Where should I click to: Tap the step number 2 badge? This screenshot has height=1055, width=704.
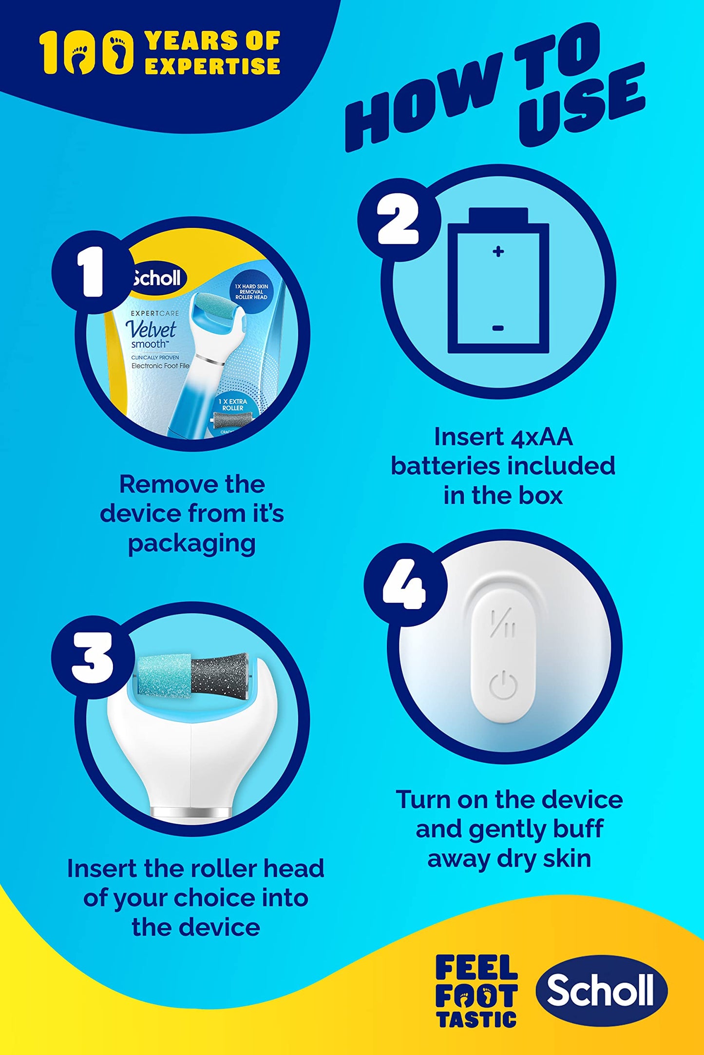[399, 220]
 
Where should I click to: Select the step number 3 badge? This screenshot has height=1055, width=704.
[93, 657]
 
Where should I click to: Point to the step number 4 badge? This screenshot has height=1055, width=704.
[405, 584]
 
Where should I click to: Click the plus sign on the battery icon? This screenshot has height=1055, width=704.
[498, 251]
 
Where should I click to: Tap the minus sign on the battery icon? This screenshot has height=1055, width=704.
[498, 328]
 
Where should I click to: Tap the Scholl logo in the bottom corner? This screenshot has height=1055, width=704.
[601, 990]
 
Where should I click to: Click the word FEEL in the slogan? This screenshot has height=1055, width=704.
[476, 967]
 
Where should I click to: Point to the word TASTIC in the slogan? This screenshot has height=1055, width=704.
[476, 1018]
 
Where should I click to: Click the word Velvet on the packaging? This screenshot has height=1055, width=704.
[151, 330]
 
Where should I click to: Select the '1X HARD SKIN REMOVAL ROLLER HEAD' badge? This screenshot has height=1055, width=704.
[251, 292]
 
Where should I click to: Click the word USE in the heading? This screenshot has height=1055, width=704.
[582, 105]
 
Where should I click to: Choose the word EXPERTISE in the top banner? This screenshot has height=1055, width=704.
[212, 66]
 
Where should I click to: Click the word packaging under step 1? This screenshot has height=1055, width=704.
[191, 544]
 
